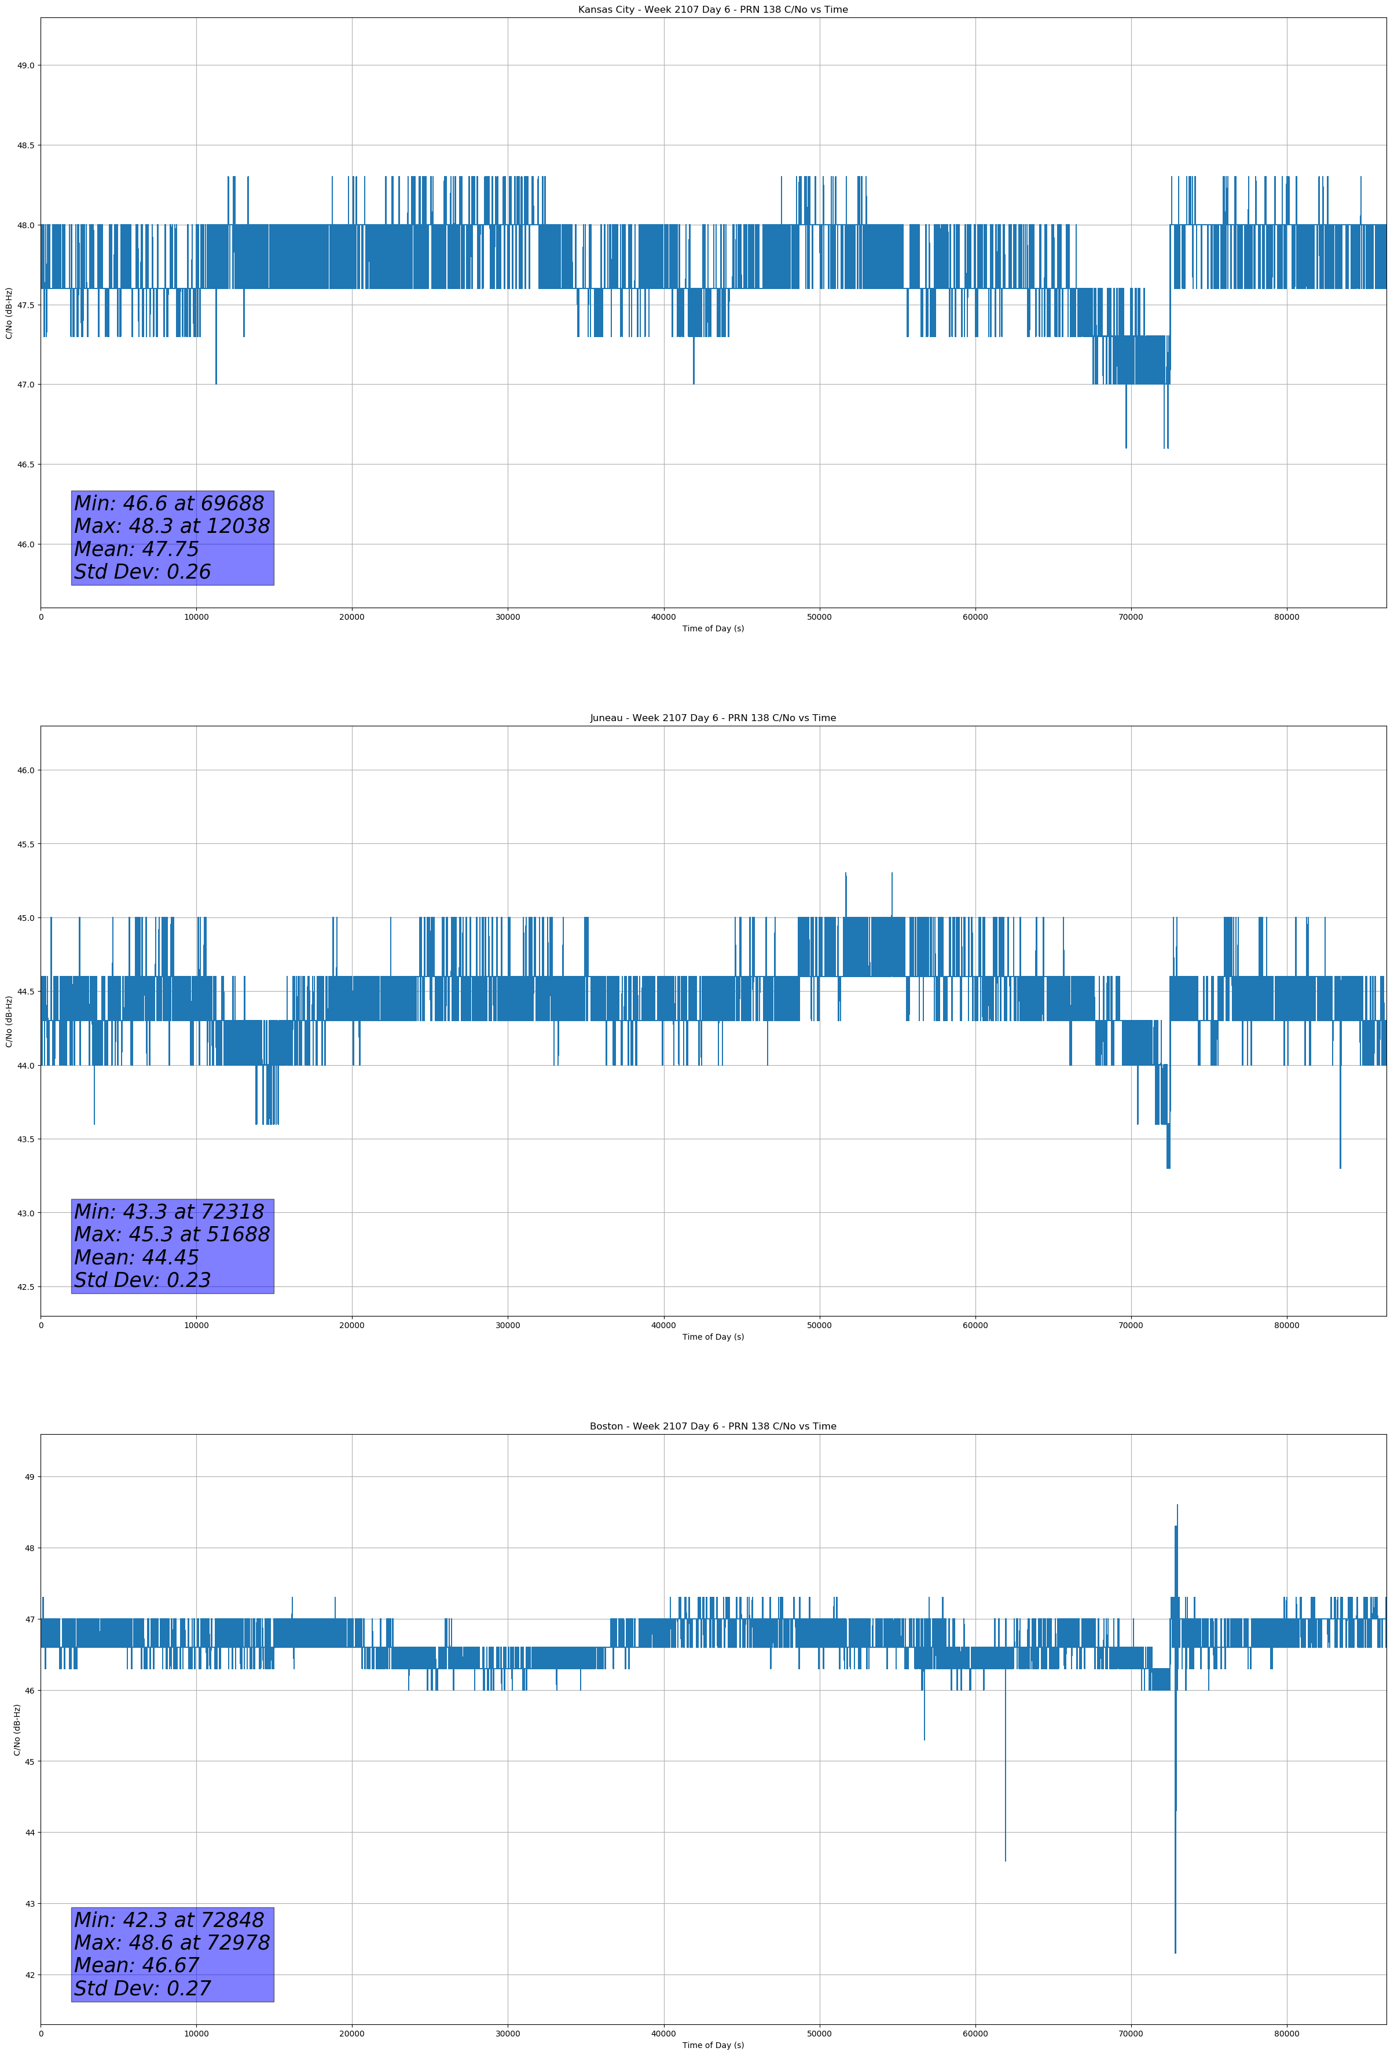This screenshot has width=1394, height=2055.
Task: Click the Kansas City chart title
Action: click(x=713, y=10)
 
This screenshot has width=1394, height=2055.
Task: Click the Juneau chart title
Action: click(x=713, y=718)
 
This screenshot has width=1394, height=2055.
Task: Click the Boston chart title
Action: click(x=713, y=1427)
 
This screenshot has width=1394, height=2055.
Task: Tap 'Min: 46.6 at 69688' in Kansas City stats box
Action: click(x=169, y=503)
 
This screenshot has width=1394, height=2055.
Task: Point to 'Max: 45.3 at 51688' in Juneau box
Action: click(x=171, y=1234)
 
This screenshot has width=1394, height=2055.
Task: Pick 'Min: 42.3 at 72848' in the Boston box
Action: click(x=169, y=1919)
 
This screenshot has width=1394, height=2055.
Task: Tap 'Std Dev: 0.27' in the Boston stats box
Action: click(x=142, y=1988)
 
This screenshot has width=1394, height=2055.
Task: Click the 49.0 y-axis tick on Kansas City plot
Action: click(x=25, y=65)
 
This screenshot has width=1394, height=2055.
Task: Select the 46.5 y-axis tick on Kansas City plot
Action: click(x=25, y=465)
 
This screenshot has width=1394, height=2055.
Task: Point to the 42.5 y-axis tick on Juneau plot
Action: click(x=25, y=1286)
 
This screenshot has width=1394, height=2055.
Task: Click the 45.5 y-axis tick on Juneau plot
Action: click(x=25, y=844)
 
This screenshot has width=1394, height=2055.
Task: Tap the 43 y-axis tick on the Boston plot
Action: click(x=29, y=1904)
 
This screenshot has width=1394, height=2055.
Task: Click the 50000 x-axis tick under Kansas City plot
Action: click(x=819, y=617)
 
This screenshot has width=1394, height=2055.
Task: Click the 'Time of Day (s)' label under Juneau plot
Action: click(x=713, y=1337)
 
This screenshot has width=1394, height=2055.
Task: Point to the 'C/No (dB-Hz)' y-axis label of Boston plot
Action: click(x=17, y=1729)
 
